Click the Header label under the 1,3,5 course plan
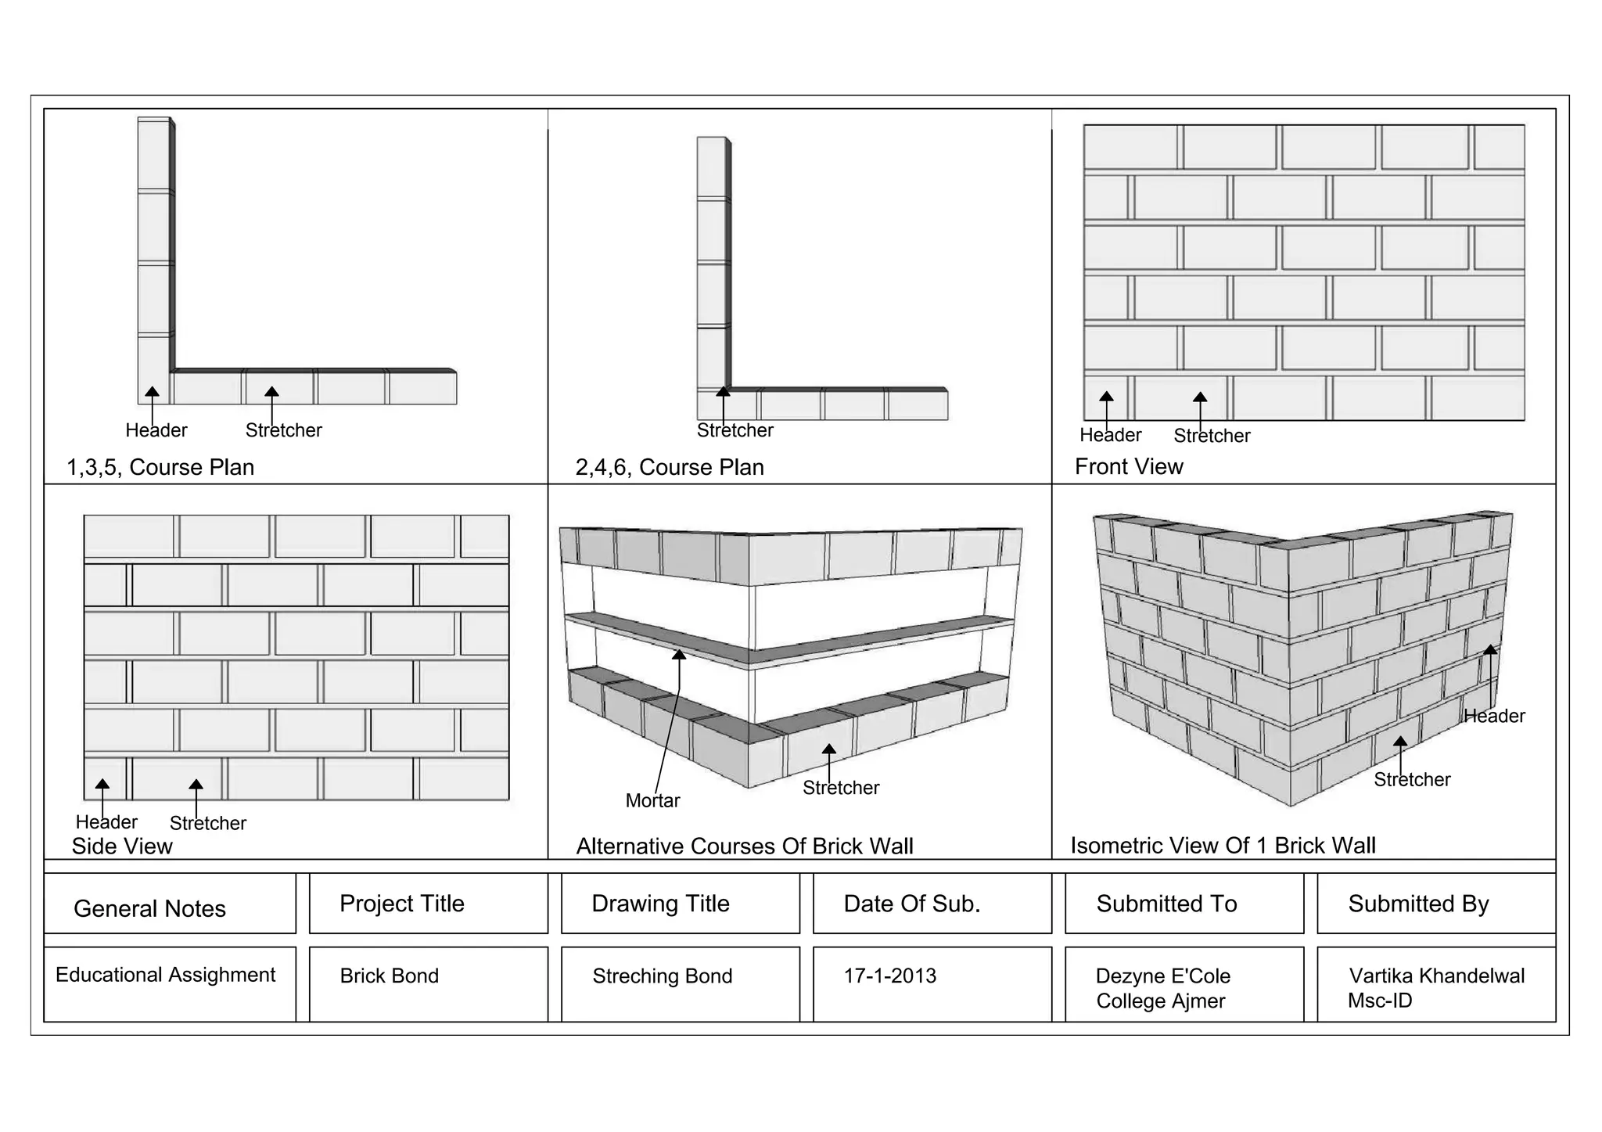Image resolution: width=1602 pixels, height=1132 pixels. (156, 430)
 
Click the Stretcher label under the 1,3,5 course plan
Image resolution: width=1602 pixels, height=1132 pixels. (283, 430)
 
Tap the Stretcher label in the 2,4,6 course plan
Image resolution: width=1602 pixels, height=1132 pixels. (735, 430)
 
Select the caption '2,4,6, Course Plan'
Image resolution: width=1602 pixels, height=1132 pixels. (669, 467)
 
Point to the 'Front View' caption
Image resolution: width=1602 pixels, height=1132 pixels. (1128, 466)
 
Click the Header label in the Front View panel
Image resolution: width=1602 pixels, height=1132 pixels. (1110, 435)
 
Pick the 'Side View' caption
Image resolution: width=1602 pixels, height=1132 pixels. (122, 846)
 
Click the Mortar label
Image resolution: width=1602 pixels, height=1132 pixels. (652, 800)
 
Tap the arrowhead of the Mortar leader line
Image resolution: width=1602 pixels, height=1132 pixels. (679, 655)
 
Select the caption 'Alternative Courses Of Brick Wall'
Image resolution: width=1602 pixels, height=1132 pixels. (744, 846)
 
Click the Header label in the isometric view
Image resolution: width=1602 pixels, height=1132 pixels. (1494, 716)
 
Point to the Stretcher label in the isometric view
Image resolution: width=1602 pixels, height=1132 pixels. (1412, 779)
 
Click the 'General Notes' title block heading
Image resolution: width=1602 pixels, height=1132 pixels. (149, 908)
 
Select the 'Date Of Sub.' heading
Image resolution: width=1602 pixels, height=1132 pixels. (911, 904)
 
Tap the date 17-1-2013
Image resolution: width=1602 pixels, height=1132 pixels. (889, 976)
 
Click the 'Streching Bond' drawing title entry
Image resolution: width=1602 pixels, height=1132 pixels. (662, 976)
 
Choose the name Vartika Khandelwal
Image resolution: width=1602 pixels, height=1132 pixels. (1436, 976)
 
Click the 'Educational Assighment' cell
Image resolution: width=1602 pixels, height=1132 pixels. (165, 975)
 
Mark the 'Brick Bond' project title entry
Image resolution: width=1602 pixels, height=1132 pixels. (389, 976)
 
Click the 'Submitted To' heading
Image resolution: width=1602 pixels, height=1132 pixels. (1166, 904)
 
